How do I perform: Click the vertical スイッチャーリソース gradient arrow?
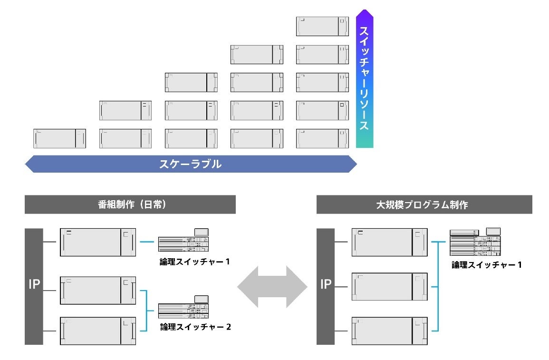[x=365, y=78]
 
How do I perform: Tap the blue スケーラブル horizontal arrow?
[x=190, y=165]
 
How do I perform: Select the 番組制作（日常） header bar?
[x=130, y=204]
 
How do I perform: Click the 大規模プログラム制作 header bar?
[x=424, y=204]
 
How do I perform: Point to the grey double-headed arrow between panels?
[x=272, y=287]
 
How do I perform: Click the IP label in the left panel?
[x=34, y=285]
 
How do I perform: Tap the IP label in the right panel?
[x=326, y=285]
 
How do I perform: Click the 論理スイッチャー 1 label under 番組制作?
[x=195, y=261]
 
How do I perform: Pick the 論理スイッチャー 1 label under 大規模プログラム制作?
[x=487, y=265]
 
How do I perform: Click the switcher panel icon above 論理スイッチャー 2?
[x=184, y=308]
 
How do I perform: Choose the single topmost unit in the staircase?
[x=322, y=26]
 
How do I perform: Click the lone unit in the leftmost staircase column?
[x=59, y=138]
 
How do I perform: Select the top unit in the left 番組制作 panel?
[x=98, y=243]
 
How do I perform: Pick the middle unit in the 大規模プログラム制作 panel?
[x=389, y=286]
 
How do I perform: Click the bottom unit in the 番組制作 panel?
[x=98, y=330]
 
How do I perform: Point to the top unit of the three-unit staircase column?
[x=191, y=82]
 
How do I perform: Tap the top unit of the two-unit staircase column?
[x=125, y=110]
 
